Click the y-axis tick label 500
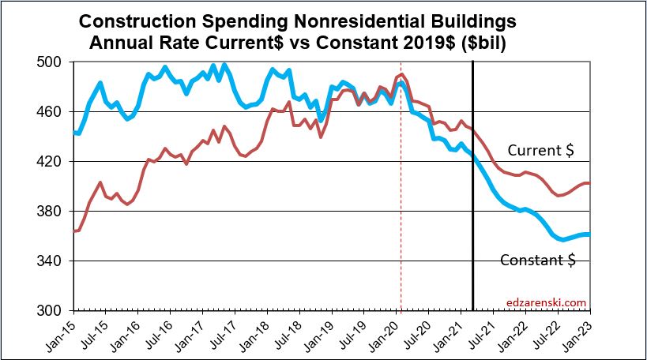(57, 62)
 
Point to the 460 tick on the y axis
(57, 112)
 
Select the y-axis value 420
(57, 162)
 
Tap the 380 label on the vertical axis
(57, 212)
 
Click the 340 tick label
(57, 261)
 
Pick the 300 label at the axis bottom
(57, 311)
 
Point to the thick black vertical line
(472, 197)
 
